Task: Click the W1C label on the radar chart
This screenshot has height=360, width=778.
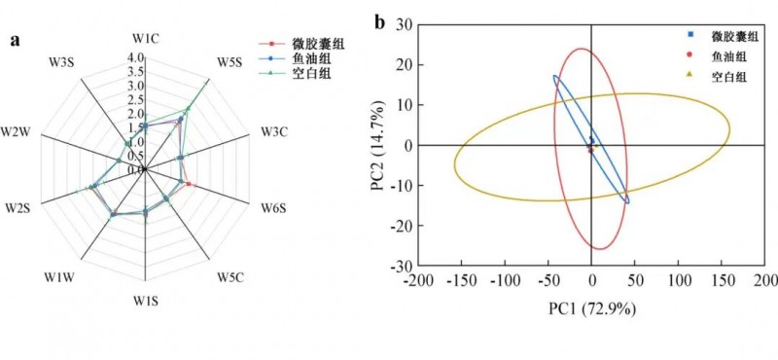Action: click(x=146, y=38)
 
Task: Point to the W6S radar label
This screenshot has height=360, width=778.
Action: click(x=272, y=208)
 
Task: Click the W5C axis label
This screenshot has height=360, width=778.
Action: click(x=230, y=278)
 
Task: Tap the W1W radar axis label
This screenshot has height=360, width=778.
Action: click(x=59, y=278)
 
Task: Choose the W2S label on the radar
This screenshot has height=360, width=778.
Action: click(x=18, y=208)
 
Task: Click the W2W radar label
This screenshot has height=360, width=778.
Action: click(x=17, y=132)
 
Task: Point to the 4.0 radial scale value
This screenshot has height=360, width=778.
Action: click(x=136, y=57)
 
